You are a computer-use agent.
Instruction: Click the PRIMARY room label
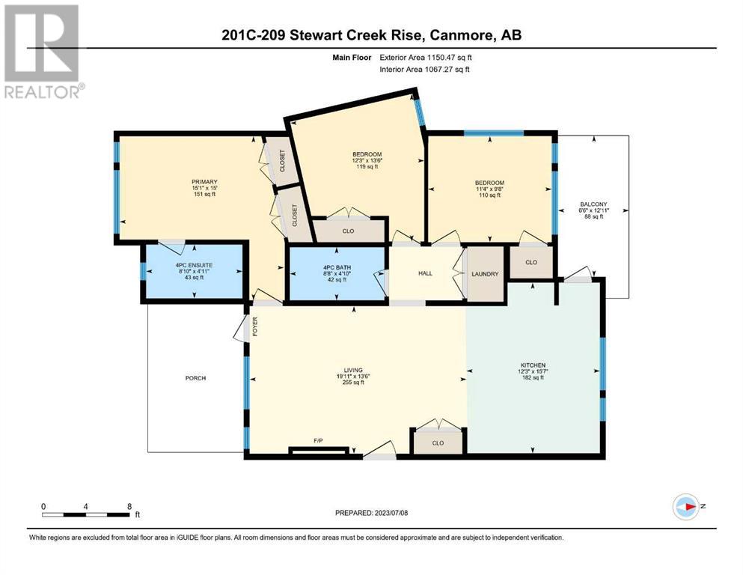point(204,182)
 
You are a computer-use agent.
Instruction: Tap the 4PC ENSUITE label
point(194,266)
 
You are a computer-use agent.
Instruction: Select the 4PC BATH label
point(337,268)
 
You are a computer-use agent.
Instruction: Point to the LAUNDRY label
point(485,274)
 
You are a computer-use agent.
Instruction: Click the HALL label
point(425,273)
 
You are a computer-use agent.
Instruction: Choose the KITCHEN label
point(533,365)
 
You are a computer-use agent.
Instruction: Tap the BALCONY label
point(593,204)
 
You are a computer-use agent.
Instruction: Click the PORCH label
point(195,378)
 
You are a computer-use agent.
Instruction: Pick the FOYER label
point(255,326)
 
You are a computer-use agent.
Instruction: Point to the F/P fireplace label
point(319,441)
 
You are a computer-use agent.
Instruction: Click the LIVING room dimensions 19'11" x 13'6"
point(353,377)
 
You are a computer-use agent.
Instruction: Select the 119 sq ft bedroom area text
point(367,167)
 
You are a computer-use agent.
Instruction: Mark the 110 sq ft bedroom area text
point(489,195)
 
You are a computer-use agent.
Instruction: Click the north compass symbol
point(686,507)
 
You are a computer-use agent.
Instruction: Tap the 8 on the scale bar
point(129,507)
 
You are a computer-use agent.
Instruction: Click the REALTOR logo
point(44,51)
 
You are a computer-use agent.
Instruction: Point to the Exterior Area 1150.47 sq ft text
point(426,58)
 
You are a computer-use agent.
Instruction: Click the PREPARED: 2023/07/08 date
point(371,513)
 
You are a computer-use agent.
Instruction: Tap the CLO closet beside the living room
point(438,443)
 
